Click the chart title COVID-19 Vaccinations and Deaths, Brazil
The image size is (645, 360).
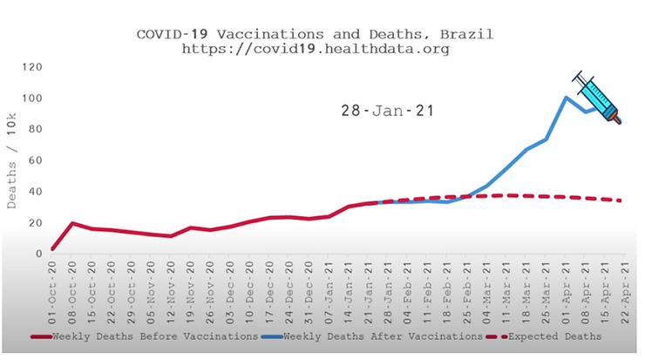pos(316,34)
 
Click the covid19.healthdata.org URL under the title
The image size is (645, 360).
pos(316,50)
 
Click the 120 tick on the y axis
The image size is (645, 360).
pos(34,66)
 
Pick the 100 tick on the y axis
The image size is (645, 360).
pos(34,98)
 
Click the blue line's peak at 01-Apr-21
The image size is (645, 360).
pos(566,97)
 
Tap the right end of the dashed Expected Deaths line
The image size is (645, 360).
pos(621,200)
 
